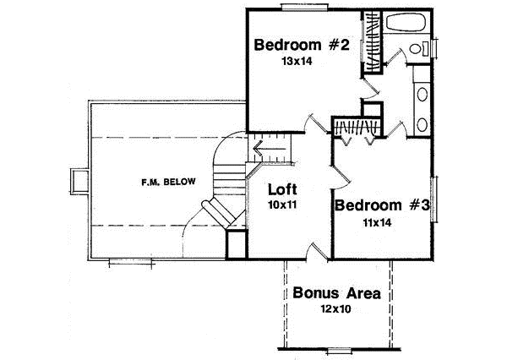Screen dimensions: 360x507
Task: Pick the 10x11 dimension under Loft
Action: [x=281, y=204]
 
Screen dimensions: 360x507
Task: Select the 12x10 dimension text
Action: [x=336, y=310]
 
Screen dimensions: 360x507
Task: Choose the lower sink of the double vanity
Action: [x=422, y=124]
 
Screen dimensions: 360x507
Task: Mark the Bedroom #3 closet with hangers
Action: [x=354, y=128]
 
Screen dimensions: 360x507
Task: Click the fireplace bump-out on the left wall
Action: [x=79, y=181]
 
